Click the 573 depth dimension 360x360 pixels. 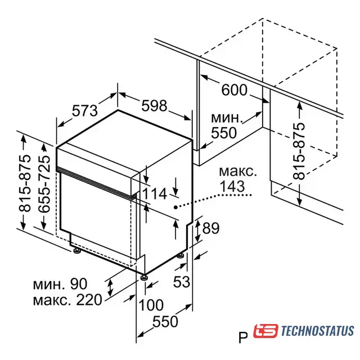click(85, 111)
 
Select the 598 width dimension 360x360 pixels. click(154, 106)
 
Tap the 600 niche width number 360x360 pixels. click(234, 90)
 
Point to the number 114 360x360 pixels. click(155, 193)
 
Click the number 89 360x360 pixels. click(211, 228)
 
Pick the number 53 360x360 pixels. click(182, 281)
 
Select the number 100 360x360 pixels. click(151, 305)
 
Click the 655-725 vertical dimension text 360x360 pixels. click(44, 184)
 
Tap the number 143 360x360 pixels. click(232, 186)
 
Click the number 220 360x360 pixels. click(89, 300)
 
